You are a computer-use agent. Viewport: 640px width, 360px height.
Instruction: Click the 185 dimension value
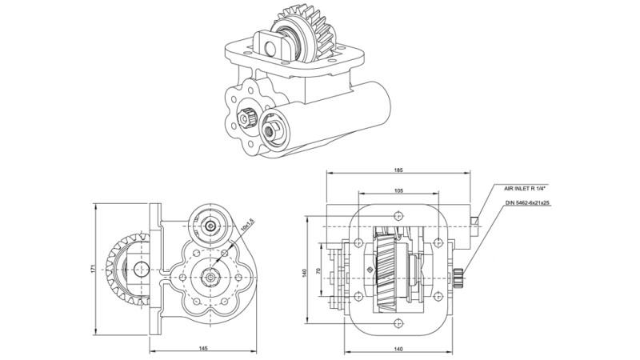point(398,170)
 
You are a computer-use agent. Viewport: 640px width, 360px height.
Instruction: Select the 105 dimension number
point(398,191)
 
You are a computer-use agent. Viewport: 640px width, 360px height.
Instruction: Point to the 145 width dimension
point(204,350)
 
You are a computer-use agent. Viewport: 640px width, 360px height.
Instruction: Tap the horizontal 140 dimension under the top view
point(398,350)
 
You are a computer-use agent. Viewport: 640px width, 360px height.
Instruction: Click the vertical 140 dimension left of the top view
point(305,272)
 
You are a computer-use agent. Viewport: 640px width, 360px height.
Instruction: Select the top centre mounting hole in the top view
point(398,214)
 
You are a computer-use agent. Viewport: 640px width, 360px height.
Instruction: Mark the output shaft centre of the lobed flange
point(210,277)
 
